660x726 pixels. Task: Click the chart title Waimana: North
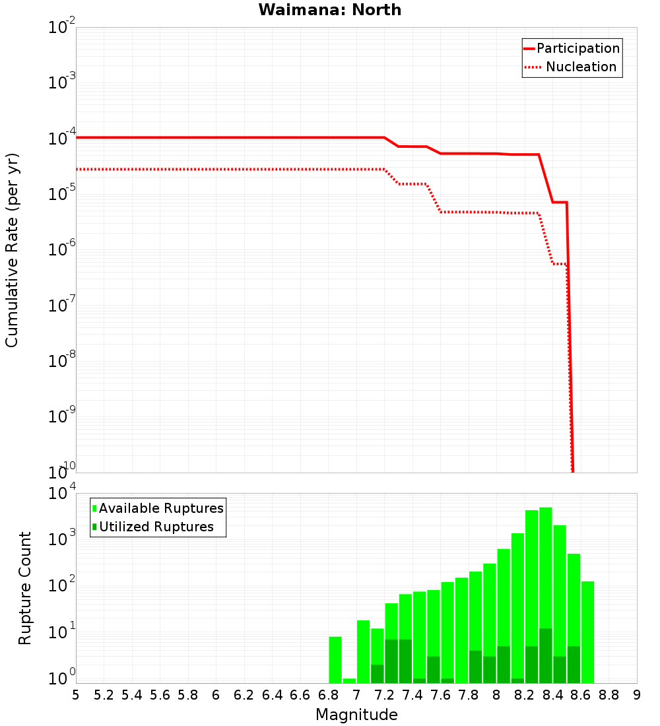coord(329,10)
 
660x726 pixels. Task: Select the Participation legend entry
coord(577,49)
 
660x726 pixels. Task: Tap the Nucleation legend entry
coord(581,67)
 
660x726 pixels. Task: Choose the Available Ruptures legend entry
coord(161,508)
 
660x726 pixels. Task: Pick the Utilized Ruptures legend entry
coord(156,527)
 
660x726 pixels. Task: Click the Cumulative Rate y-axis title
coord(12,249)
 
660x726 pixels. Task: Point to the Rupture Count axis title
coord(25,588)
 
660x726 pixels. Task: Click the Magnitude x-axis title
coord(356,714)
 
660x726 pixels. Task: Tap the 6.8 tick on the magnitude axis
coord(328,694)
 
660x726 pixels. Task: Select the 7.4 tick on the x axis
coord(412,694)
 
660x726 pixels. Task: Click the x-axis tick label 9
coord(637,694)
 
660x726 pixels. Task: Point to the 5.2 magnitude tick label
coord(104,694)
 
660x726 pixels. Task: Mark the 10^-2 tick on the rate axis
coord(62,28)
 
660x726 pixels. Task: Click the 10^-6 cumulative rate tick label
coord(62,250)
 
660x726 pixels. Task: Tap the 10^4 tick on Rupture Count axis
coord(62,494)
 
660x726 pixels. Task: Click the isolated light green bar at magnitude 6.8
coord(335,659)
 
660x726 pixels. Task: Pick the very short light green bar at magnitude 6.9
coord(349,680)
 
